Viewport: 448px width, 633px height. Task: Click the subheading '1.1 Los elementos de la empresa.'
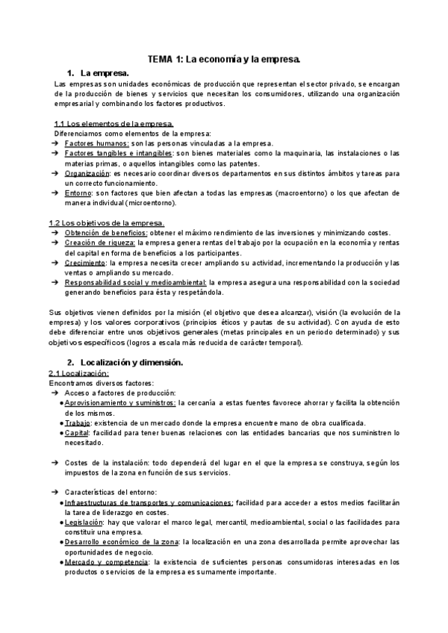click(x=115, y=123)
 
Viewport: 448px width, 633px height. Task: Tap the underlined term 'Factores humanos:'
click(x=97, y=143)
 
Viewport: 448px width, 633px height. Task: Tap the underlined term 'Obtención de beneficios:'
click(x=105, y=233)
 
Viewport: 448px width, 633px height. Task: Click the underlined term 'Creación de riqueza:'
click(x=99, y=243)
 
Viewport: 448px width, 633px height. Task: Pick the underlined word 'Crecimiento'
click(x=86, y=263)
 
